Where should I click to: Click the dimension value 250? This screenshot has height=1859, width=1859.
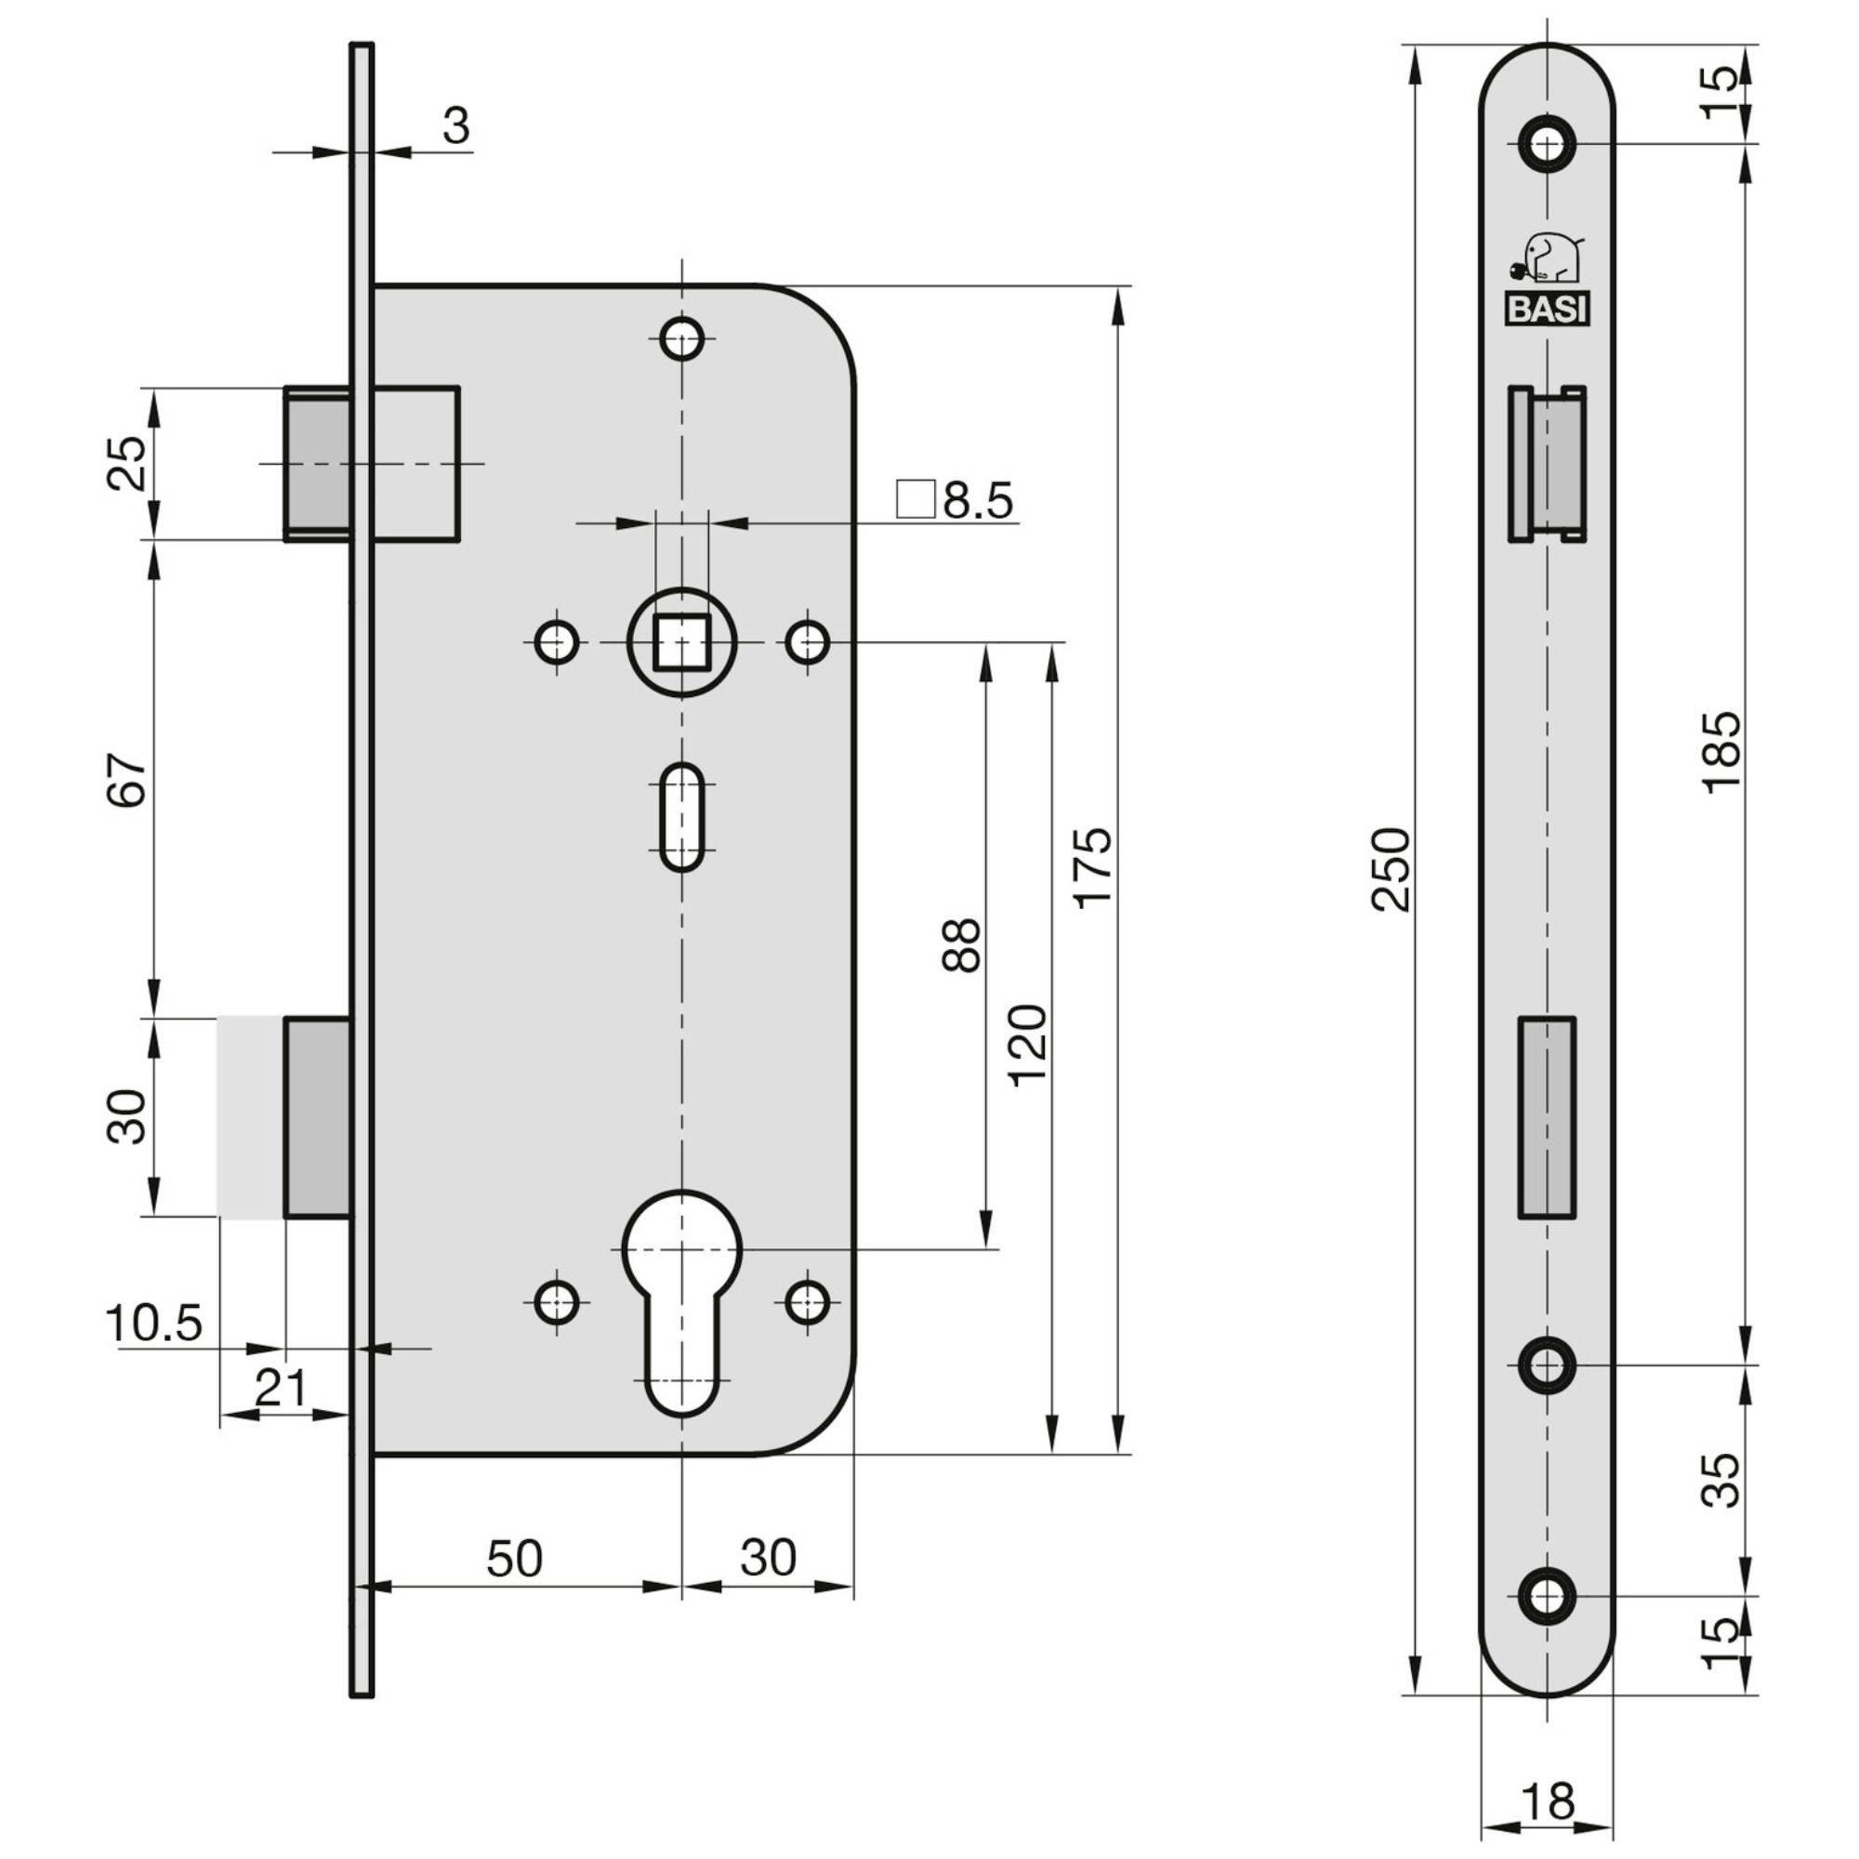click(1391, 869)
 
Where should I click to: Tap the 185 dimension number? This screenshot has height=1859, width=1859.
click(1721, 751)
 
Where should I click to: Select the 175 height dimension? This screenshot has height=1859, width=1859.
click(1093, 866)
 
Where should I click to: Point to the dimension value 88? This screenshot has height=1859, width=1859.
click(961, 945)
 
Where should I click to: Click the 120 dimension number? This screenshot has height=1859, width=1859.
click(1028, 1044)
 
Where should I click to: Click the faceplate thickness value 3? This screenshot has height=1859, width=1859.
click(456, 126)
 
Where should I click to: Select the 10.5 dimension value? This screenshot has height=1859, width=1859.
click(154, 1324)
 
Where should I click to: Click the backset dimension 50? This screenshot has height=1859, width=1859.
click(515, 1558)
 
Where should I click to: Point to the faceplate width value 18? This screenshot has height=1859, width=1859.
click(1549, 1800)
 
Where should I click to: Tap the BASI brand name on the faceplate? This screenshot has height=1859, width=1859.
click(1548, 310)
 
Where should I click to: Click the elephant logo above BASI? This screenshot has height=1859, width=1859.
click(1549, 258)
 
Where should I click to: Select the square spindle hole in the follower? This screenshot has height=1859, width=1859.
click(682, 641)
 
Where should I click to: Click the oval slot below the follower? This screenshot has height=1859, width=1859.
click(682, 817)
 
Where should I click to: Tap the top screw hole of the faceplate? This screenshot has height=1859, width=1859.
click(1548, 144)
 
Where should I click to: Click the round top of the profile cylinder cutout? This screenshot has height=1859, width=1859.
click(682, 1247)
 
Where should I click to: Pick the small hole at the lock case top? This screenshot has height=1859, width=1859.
click(682, 338)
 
